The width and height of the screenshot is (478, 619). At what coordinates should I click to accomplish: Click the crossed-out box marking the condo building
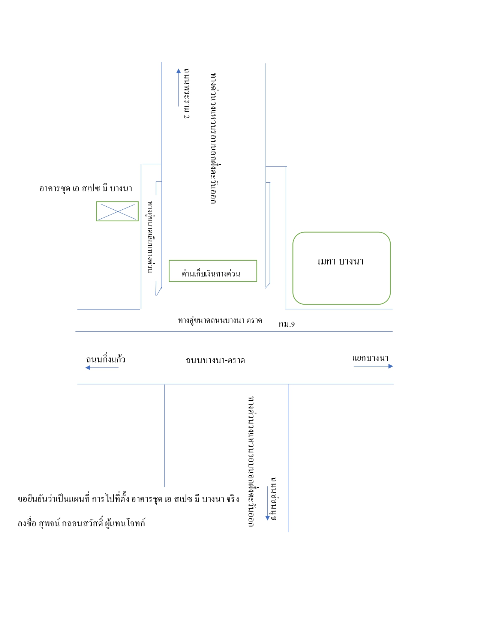(x=117, y=211)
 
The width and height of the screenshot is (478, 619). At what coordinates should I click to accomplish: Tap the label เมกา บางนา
(x=340, y=261)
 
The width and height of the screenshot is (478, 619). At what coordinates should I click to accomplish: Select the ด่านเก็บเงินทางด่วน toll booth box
(x=213, y=271)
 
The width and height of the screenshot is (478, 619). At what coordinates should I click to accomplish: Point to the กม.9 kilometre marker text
(x=287, y=324)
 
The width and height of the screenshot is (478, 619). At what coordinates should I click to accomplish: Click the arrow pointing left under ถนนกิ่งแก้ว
(x=102, y=368)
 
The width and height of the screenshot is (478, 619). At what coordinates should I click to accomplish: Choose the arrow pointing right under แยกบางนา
(x=373, y=366)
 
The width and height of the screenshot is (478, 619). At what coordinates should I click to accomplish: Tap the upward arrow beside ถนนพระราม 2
(x=178, y=87)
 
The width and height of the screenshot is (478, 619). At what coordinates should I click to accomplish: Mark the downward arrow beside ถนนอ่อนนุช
(x=268, y=503)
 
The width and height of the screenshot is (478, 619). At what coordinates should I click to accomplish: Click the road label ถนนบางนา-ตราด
(x=215, y=361)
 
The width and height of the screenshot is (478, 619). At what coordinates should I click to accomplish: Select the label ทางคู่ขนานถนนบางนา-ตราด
(x=220, y=320)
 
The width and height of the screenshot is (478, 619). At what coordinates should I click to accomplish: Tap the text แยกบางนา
(x=370, y=358)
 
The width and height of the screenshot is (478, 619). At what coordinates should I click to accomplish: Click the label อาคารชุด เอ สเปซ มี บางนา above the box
(x=86, y=188)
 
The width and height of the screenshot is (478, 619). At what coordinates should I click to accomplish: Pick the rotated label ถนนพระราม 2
(x=187, y=93)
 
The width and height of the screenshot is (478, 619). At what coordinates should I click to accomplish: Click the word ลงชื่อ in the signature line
(x=27, y=523)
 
